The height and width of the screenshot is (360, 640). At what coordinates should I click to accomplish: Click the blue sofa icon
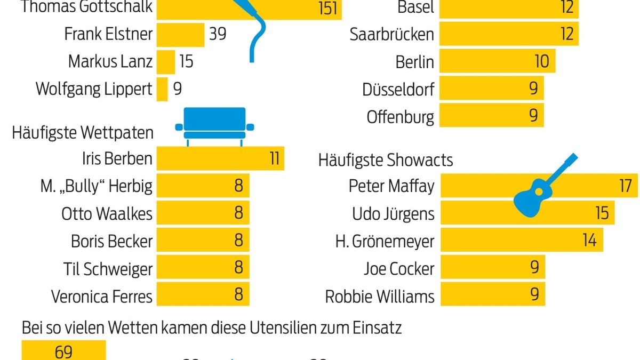coord(215,125)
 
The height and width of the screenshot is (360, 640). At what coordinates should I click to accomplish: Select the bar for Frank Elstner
coord(180,34)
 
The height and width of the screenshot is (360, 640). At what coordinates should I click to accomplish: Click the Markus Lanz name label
coord(110,61)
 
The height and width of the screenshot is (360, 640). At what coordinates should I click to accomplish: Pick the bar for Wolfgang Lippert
coord(162,89)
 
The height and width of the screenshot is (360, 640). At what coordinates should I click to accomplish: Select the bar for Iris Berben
coord(220,158)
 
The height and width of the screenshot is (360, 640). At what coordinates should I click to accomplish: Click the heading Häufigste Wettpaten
coord(83,132)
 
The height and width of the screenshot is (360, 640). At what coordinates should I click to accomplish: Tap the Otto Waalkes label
coord(107,214)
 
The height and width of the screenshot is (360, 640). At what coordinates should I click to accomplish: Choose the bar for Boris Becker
coord(203,241)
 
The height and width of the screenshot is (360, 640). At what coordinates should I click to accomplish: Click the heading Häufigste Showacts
coord(386,159)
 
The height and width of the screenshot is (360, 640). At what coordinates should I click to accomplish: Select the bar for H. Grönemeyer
coord(521,241)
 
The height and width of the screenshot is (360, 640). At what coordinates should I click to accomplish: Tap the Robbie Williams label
coord(380,296)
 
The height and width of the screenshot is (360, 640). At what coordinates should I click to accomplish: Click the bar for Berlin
coord(497,61)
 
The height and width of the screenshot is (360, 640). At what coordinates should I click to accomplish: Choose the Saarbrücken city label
coord(392,35)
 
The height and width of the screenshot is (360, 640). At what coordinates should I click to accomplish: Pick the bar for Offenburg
coord(491,116)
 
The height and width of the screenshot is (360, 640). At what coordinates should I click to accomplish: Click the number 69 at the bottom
coord(63,353)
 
